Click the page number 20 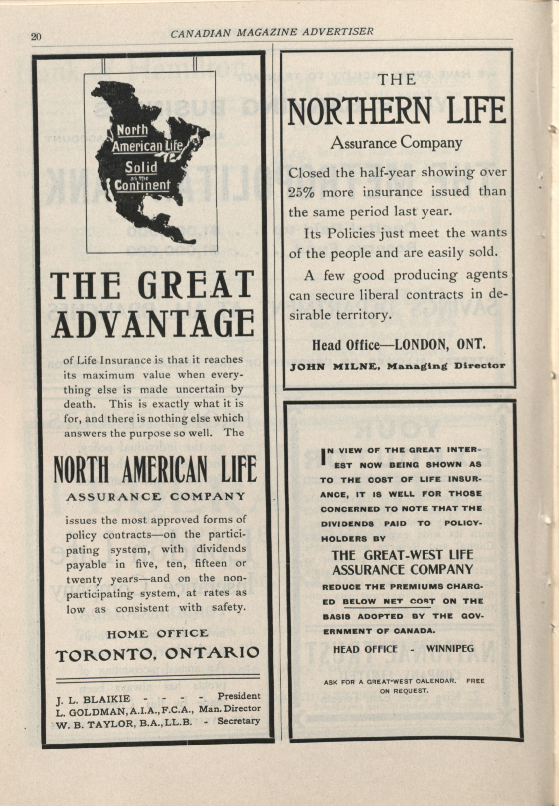(37, 37)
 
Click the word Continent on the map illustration (142, 185)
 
